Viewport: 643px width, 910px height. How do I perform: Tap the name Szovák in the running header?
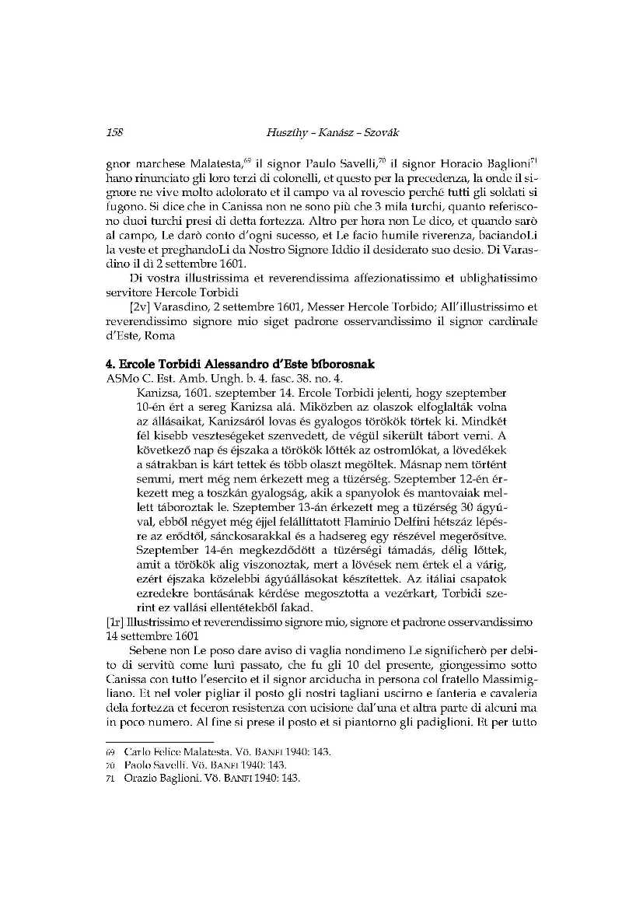[379, 133]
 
